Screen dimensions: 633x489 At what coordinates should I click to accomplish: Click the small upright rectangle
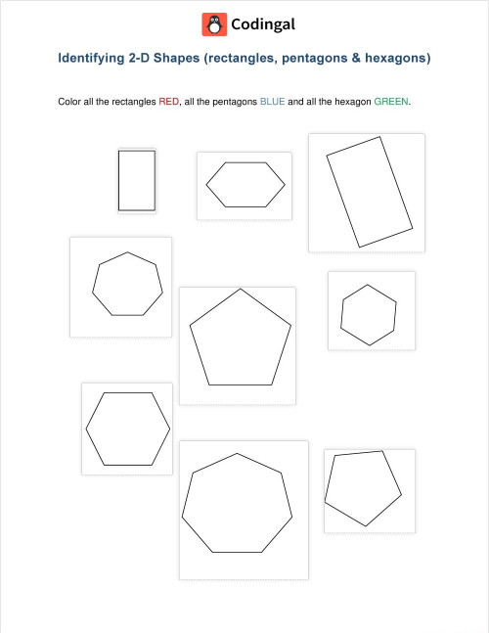pyautogui.click(x=137, y=180)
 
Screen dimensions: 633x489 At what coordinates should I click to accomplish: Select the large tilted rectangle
pyautogui.click(x=367, y=192)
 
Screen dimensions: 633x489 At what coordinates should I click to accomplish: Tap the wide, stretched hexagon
pyautogui.click(x=244, y=184)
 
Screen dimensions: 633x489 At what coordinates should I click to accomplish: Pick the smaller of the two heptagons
pyautogui.click(x=125, y=284)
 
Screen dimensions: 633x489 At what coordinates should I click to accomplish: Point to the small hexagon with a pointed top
pyautogui.click(x=369, y=315)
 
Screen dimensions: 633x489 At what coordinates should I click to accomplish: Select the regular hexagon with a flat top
pyautogui.click(x=128, y=429)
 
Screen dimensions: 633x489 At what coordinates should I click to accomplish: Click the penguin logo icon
pyautogui.click(x=213, y=23)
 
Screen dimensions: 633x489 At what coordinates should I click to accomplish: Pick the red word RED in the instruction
pyautogui.click(x=169, y=101)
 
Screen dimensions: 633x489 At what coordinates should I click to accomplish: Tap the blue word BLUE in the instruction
pyautogui.click(x=272, y=101)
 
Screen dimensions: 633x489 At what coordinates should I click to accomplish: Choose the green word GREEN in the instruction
pyautogui.click(x=393, y=101)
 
